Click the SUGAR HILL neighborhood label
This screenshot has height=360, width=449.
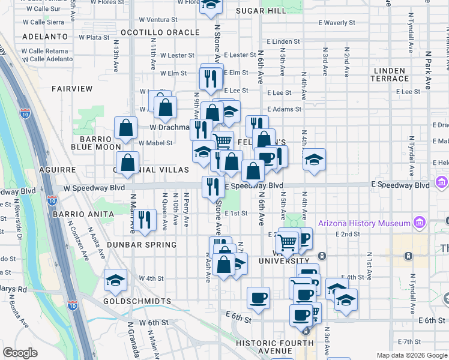pyautogui.click(x=261, y=11)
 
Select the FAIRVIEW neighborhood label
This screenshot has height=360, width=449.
pyautogui.click(x=72, y=89)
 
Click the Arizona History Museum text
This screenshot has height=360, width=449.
pyautogui.click(x=364, y=224)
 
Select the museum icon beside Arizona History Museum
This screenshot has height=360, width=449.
pyautogui.click(x=419, y=224)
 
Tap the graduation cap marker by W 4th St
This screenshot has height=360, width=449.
pyautogui.click(x=115, y=280)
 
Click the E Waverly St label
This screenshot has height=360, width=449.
pyautogui.click(x=337, y=23)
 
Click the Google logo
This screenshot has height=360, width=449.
pyautogui.click(x=20, y=353)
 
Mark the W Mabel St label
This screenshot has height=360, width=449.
pyautogui.click(x=156, y=143)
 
